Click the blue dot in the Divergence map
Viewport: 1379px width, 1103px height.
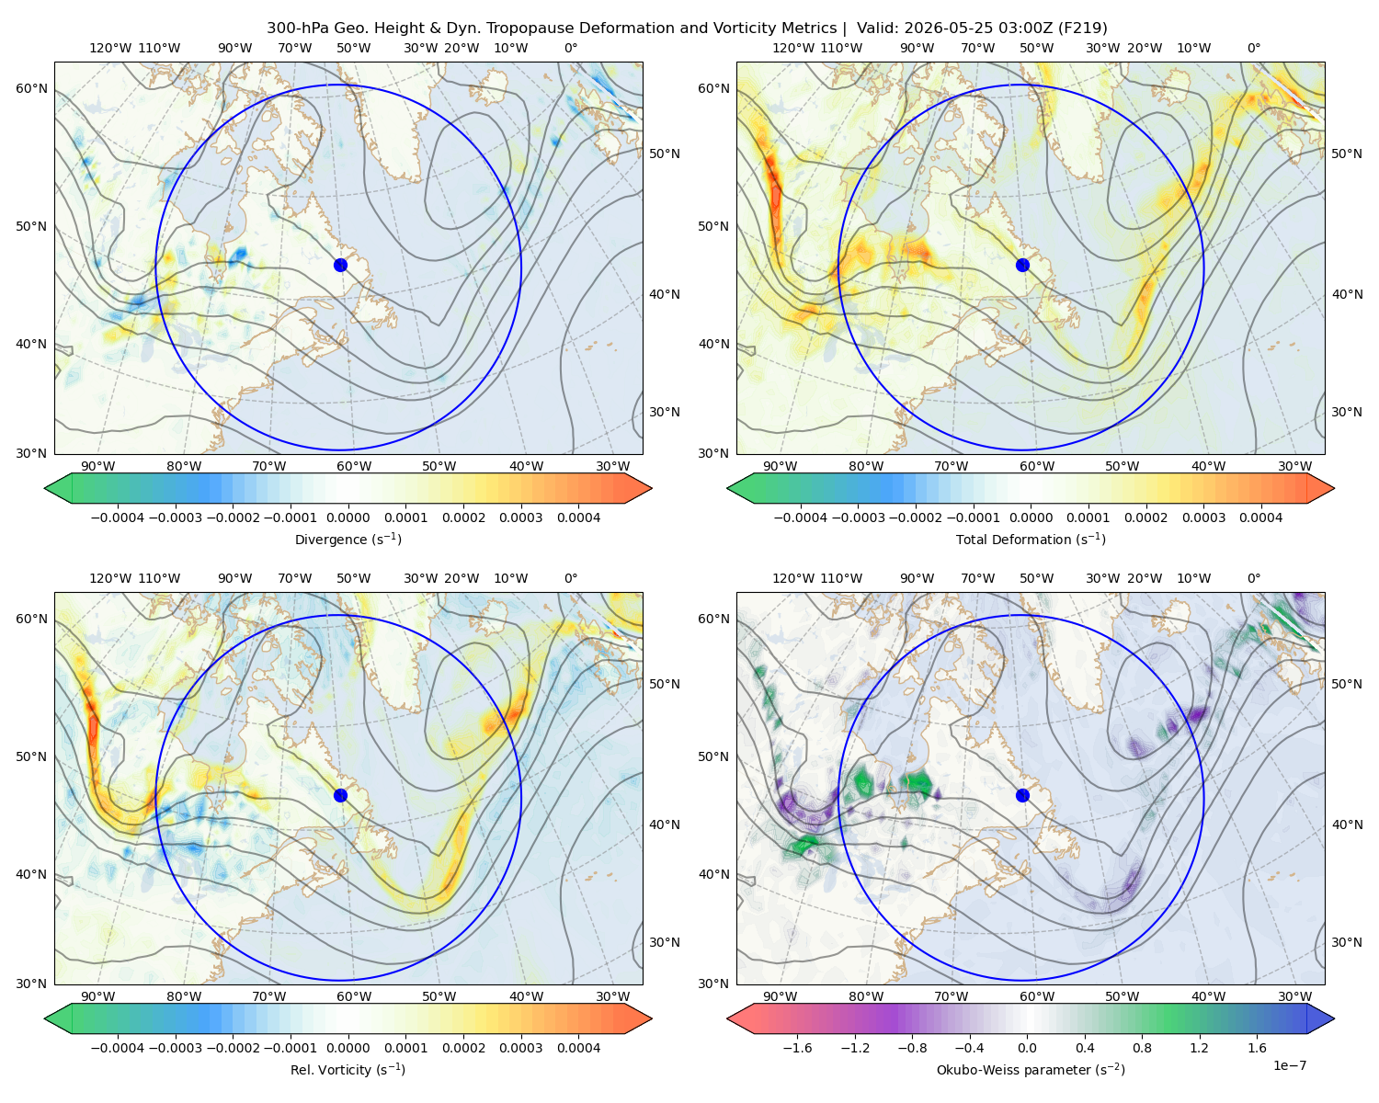click(340, 265)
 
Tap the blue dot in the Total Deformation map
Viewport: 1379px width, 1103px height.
click(1022, 265)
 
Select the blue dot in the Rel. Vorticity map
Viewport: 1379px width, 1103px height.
click(340, 795)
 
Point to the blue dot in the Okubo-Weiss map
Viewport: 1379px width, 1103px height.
click(1022, 795)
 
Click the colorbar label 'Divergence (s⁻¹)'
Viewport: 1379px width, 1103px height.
click(348, 539)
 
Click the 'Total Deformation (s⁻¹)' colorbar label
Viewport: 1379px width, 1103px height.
click(1031, 539)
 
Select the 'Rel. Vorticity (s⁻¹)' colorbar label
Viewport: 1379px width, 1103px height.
click(348, 1069)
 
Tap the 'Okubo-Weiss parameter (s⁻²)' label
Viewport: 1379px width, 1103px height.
click(1031, 1069)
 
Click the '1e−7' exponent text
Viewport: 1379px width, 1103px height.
click(1289, 1065)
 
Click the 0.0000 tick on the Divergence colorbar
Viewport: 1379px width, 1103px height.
click(348, 517)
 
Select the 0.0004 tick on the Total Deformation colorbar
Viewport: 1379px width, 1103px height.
click(1260, 517)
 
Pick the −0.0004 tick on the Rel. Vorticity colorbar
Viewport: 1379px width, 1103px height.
click(118, 1047)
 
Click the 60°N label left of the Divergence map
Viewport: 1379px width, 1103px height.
click(31, 88)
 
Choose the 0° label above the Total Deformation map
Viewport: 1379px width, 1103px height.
click(1253, 48)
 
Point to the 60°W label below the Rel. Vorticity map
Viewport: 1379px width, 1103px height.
click(354, 996)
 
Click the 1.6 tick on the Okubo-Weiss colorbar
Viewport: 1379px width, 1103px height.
click(1257, 1047)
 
